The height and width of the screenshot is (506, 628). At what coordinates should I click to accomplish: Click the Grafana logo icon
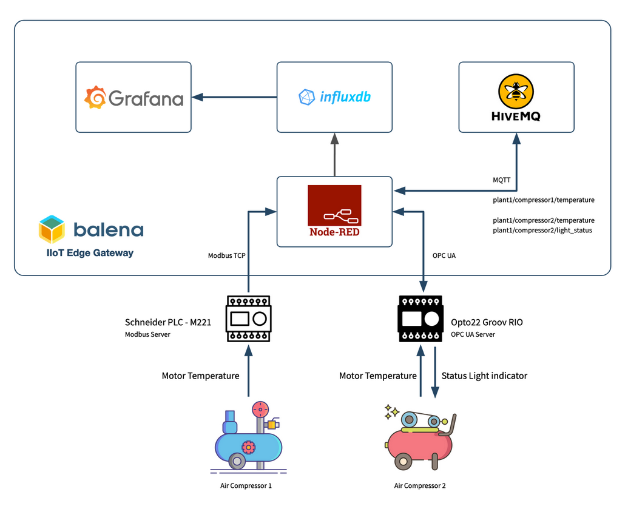pos(95,98)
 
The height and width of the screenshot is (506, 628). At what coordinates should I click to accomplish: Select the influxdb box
pos(334,97)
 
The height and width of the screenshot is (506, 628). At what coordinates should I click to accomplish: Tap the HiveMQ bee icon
pos(516,92)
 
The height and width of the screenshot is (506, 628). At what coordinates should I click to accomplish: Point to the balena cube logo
pos(52,229)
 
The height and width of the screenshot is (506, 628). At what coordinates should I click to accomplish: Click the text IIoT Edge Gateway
pos(90,253)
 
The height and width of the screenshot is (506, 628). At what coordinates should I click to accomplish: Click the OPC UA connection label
pos(444,256)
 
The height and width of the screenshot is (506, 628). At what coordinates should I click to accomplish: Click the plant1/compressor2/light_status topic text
pos(542,231)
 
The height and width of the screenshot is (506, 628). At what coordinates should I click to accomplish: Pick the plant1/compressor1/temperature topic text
pos(544,200)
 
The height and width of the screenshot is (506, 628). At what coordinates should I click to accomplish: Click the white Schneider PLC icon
pos(248,319)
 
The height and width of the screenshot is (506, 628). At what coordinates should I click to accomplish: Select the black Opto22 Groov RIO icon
pos(420,319)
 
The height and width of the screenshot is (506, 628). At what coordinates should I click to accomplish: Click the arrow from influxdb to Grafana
pos(234,97)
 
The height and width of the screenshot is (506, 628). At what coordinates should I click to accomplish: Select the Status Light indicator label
pos(484,376)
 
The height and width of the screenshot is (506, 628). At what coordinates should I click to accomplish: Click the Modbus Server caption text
pos(147,334)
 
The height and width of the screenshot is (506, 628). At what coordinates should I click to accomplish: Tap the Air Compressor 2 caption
pos(420,486)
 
